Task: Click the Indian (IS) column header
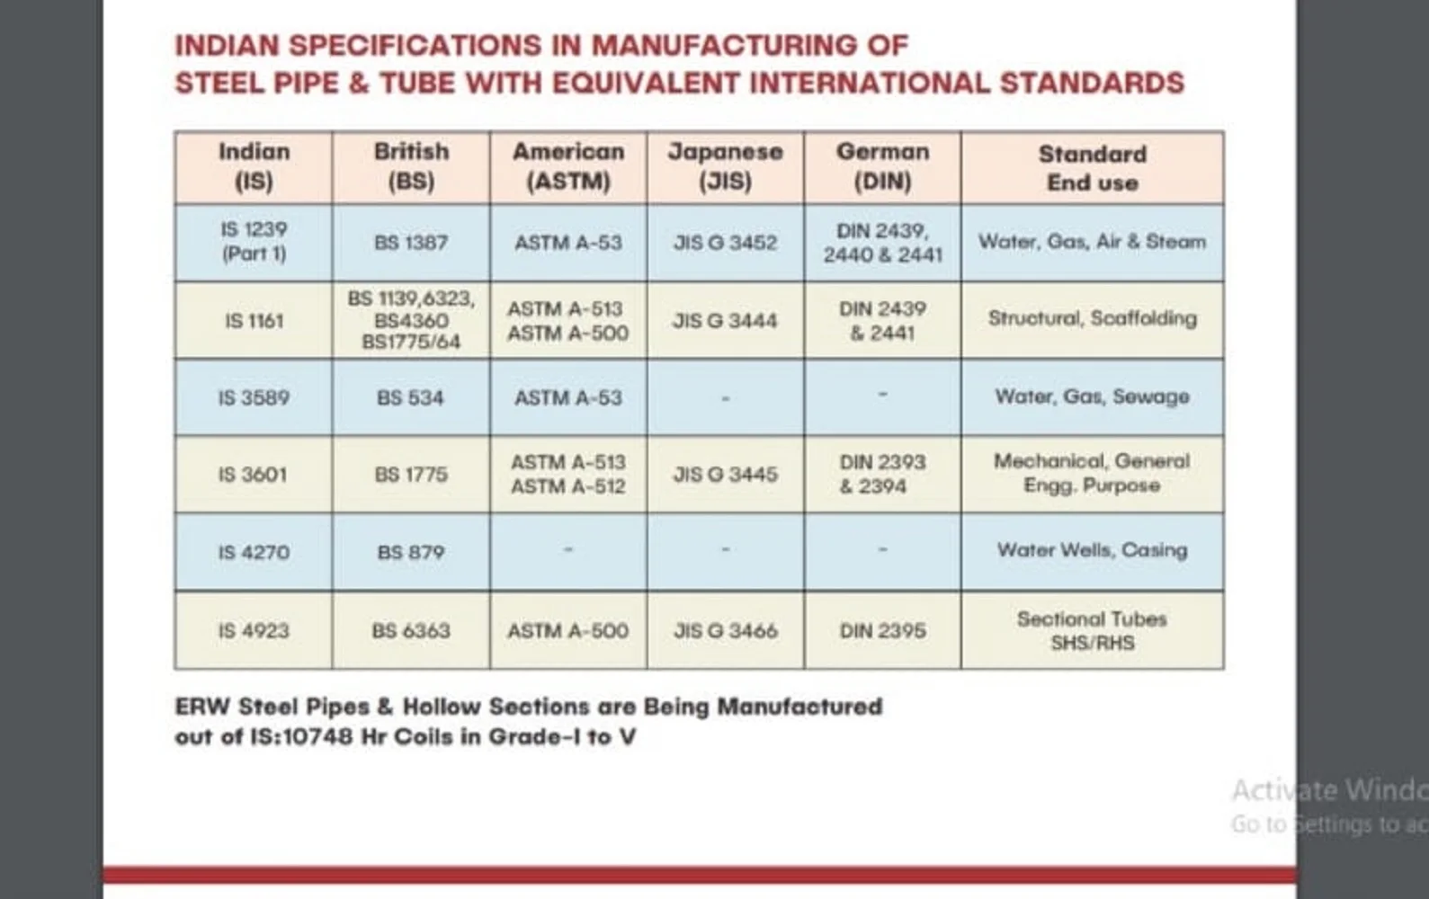coord(254,166)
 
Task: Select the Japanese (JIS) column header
coord(725,166)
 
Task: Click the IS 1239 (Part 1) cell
coord(254,242)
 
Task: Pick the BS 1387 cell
coord(411,243)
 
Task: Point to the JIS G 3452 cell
coord(725,243)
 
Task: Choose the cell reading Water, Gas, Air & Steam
coord(1092,242)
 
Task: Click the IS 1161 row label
coord(254,321)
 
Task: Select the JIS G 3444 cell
coord(725,321)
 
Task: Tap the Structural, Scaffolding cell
coord(1092,318)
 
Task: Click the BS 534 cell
coord(411,397)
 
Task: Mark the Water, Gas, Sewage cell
coord(1092,396)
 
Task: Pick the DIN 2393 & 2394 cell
coord(882,474)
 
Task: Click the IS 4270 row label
coord(254,552)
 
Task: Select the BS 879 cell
coord(411,552)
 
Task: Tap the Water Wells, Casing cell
coord(1092,550)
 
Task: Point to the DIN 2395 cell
coord(882,631)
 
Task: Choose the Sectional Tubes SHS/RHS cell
coord(1092,630)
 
